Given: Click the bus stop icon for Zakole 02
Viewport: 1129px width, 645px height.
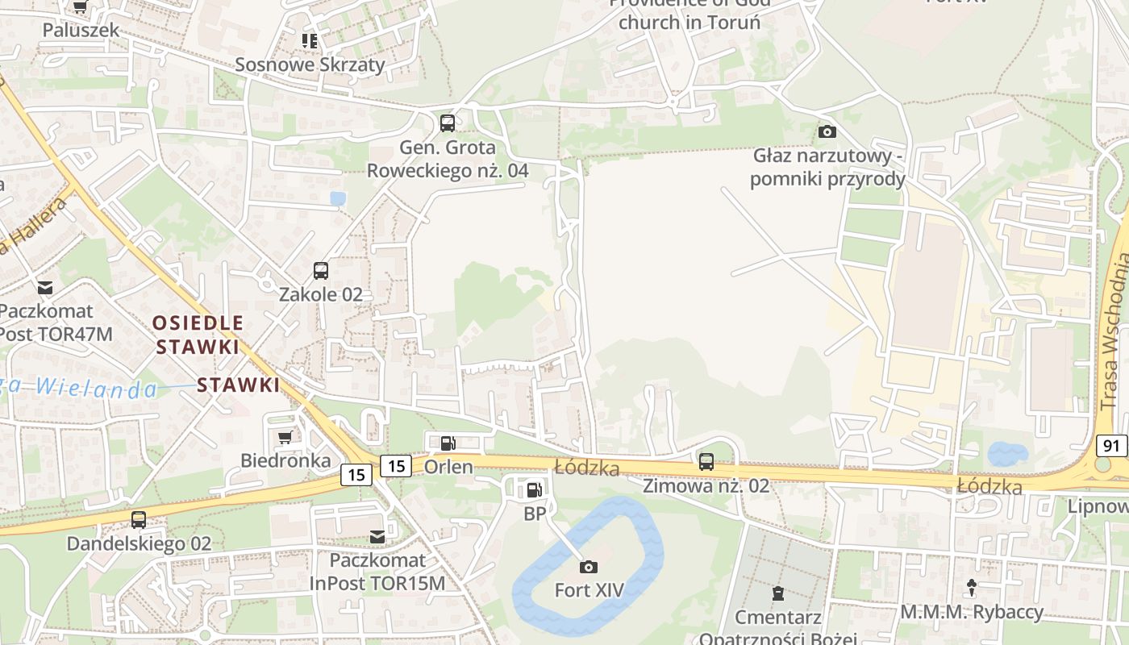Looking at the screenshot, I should click(x=321, y=271).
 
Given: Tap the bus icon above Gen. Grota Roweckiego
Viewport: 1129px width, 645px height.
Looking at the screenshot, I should click(x=447, y=123).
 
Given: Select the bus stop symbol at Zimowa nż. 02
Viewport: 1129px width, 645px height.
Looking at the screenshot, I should click(x=706, y=462).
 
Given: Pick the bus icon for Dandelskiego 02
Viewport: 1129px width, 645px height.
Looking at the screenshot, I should click(x=139, y=520).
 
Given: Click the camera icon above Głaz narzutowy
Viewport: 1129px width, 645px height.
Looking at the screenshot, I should click(x=827, y=131).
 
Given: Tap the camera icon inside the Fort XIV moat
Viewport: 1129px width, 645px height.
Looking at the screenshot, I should click(x=589, y=567).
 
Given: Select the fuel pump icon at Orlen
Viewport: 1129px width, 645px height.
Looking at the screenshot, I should click(x=448, y=443).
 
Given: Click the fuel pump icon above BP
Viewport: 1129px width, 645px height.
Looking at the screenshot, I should click(x=534, y=489).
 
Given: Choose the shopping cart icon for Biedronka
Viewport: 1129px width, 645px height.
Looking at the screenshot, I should click(x=285, y=437).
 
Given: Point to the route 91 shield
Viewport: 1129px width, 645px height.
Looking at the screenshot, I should click(x=1112, y=446).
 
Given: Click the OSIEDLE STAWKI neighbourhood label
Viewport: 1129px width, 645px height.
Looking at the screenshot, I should click(x=198, y=335).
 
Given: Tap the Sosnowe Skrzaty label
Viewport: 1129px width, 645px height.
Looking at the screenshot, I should click(x=310, y=64).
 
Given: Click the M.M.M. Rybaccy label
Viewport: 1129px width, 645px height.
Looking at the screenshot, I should click(x=972, y=612).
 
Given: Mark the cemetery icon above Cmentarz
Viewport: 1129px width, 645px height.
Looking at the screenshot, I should click(x=777, y=594).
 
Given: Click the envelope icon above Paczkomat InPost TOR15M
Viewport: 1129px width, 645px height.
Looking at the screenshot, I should click(x=377, y=536).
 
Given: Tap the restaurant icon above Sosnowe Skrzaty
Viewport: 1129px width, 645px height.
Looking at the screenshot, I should click(x=310, y=40).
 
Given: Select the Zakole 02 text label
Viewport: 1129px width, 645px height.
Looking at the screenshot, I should click(x=321, y=294).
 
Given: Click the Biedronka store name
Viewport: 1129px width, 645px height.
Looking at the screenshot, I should click(x=285, y=460).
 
